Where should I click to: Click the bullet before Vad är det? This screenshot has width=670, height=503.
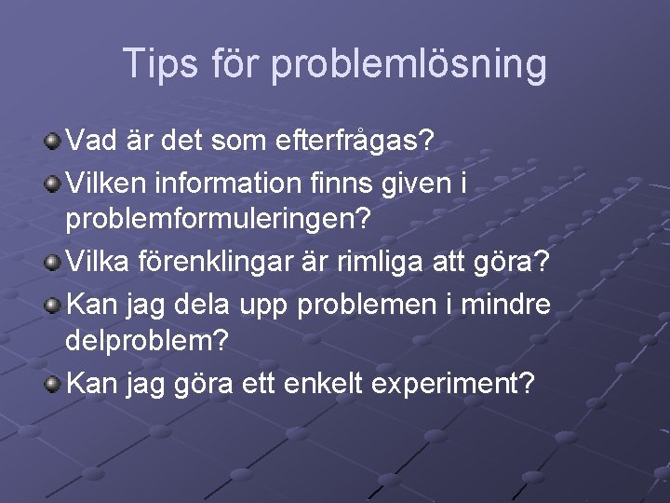coord(53,143)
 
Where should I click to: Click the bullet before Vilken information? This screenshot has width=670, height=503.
coord(53,183)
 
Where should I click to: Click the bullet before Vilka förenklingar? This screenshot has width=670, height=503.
coord(53,263)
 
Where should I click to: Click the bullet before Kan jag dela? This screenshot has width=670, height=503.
coord(53,303)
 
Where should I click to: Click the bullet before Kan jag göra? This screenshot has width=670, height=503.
coord(53,383)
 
